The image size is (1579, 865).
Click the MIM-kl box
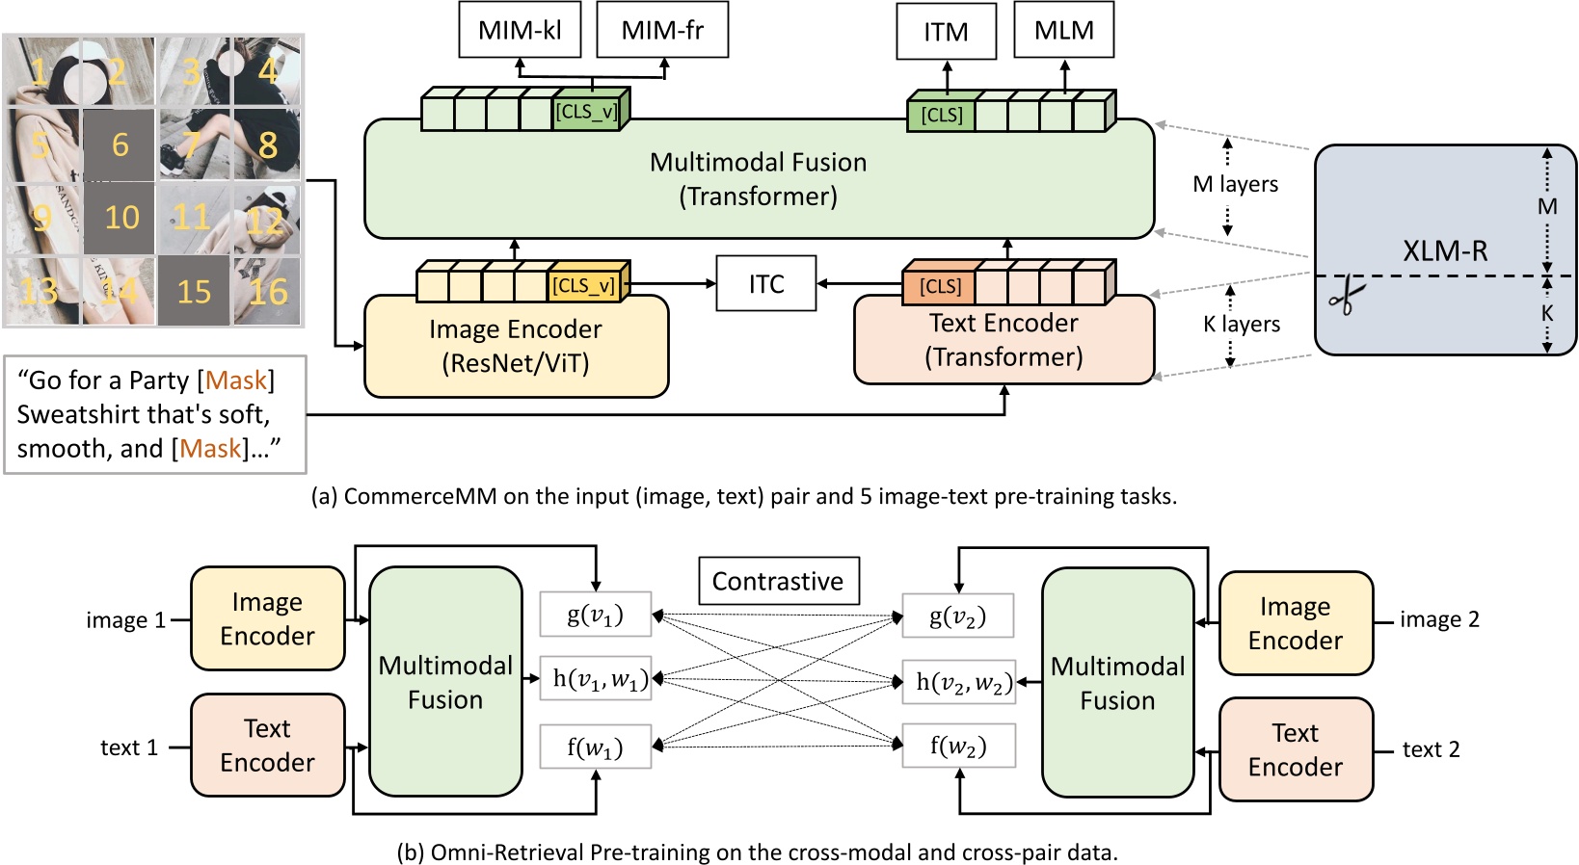pos(520,30)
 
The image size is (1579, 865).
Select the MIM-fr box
pos(661,30)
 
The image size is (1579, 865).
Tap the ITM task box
pos(946,33)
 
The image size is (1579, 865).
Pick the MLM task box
pos(1063,30)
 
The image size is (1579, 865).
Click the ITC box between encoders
pos(766,284)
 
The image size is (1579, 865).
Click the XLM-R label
pos(1444,250)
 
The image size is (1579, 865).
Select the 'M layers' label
pos(1235,184)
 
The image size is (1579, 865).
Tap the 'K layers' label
pos(1241,325)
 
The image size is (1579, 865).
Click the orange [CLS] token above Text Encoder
pos(939,286)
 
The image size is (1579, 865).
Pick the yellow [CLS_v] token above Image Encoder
pos(584,286)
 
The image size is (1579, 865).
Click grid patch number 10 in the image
pos(120,218)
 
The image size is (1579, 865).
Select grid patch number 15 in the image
pos(193,292)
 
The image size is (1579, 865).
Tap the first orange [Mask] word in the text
pos(235,380)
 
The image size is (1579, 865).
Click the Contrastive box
pos(778,581)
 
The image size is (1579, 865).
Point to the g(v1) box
pos(595,615)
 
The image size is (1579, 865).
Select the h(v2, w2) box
pos(958,682)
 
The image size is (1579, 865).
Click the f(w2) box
pos(958,747)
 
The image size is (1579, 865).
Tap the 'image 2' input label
pos(1438,619)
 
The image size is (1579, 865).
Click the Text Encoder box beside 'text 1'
pos(267,746)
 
